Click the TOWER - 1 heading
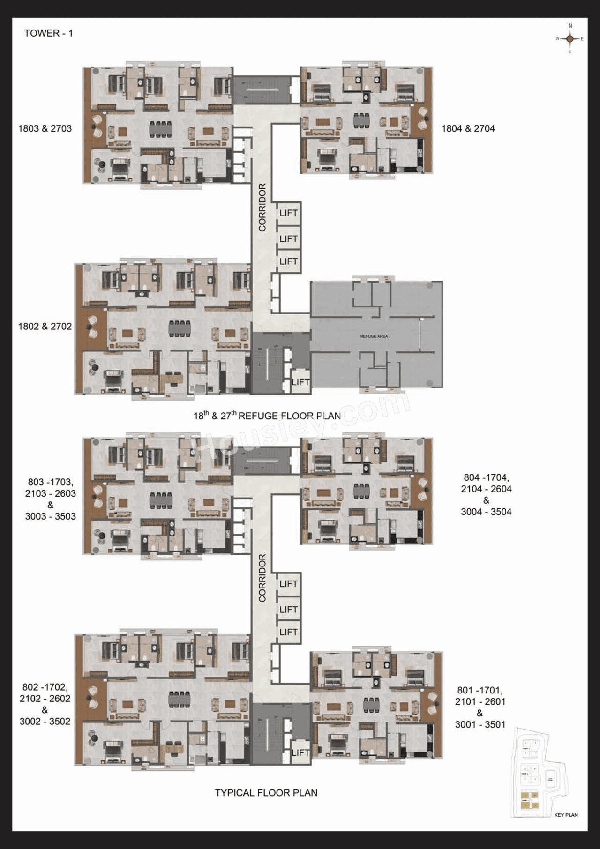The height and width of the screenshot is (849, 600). click(48, 33)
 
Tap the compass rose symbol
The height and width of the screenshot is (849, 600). click(570, 39)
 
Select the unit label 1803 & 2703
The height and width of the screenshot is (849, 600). click(45, 128)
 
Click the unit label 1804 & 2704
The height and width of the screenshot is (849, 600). click(468, 128)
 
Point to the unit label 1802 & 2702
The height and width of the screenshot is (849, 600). click(45, 327)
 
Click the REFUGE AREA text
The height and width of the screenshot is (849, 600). click(374, 336)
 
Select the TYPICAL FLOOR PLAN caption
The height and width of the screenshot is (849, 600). click(266, 793)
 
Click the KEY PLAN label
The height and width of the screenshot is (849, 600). click(566, 815)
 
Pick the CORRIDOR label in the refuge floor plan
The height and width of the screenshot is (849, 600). click(262, 207)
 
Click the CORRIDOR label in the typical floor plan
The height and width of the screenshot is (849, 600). click(262, 578)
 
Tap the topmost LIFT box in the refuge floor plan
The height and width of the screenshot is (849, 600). click(288, 213)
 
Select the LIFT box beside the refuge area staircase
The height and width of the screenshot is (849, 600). click(300, 382)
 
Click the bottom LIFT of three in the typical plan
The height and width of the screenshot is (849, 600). click(288, 632)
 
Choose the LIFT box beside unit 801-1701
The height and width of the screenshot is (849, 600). click(300, 752)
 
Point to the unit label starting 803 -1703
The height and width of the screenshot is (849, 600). click(50, 499)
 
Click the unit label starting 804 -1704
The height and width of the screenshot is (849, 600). click(486, 494)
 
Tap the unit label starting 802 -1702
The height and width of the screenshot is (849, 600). click(45, 704)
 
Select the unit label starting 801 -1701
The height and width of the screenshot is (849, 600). click(480, 707)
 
